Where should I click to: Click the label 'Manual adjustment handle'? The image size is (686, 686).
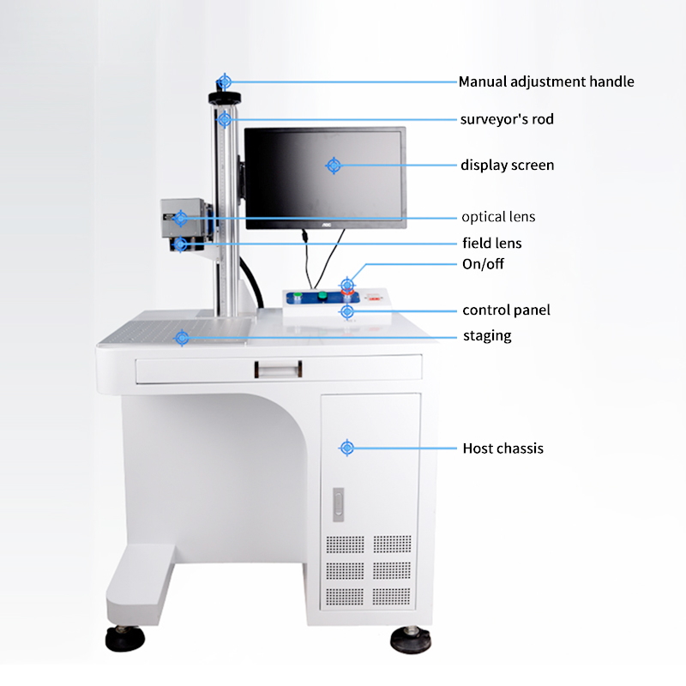tap(546, 81)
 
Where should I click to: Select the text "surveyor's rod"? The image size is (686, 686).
tap(507, 119)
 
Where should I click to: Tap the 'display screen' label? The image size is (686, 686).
tap(507, 165)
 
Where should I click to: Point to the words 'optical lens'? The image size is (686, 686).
tap(498, 217)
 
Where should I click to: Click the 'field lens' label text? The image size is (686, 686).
tap(491, 243)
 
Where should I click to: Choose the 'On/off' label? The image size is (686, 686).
tap(483, 264)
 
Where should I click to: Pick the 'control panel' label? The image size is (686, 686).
tap(506, 310)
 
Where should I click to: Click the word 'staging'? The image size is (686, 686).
tap(487, 336)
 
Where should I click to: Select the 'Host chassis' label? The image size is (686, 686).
tap(503, 448)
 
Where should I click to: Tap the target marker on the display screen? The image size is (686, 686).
tap(334, 165)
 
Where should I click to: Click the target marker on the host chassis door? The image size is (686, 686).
tap(347, 448)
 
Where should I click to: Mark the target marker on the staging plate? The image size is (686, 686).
tap(182, 338)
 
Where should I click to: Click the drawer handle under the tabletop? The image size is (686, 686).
tap(278, 370)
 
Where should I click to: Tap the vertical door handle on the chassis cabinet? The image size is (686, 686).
tap(338, 504)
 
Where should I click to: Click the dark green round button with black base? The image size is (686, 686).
tap(322, 296)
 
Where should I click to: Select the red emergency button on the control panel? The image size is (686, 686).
tap(347, 293)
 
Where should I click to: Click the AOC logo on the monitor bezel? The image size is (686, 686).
tap(327, 225)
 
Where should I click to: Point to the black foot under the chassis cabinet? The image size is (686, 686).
tap(410, 640)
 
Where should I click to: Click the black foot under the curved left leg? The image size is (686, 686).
tap(124, 638)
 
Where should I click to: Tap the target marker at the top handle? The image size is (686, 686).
tap(225, 81)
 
